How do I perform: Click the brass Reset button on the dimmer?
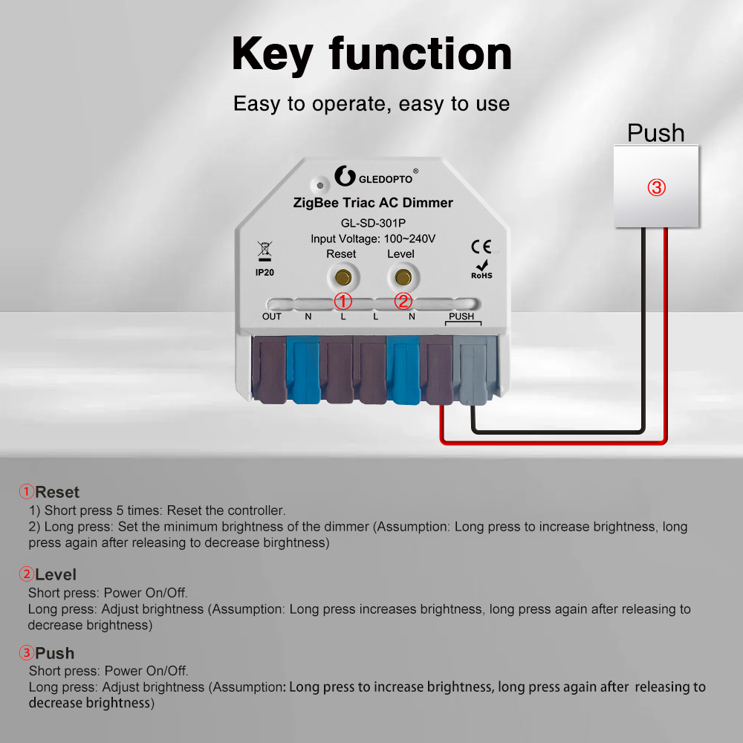(343, 277)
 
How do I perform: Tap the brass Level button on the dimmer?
(403, 277)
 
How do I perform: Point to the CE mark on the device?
(481, 247)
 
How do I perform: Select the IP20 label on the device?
(265, 273)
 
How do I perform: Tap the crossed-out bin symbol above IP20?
(265, 250)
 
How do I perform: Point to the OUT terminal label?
(272, 317)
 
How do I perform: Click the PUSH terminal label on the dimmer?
(461, 317)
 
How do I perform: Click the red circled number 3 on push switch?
(656, 187)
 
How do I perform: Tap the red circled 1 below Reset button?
(343, 301)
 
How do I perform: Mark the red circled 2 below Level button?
(403, 301)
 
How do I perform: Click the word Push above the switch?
(655, 133)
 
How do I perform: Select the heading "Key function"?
(371, 53)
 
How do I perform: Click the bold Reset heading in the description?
(57, 492)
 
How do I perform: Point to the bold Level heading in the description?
(56, 574)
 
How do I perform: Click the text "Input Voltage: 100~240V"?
(373, 239)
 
